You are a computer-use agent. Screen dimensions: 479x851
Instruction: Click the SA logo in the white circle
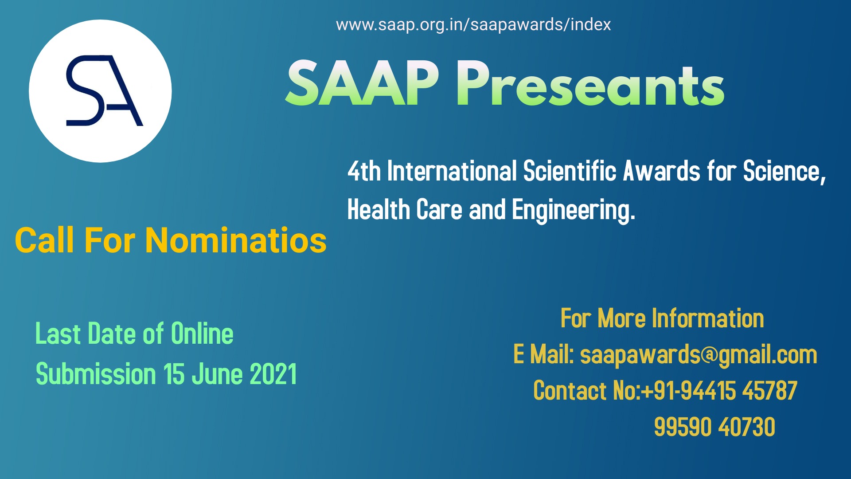coord(101,91)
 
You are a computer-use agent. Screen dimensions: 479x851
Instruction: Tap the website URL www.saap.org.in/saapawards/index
coord(473,25)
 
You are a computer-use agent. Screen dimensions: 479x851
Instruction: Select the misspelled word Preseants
coord(590,84)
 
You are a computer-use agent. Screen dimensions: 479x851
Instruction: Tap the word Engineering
coord(574,210)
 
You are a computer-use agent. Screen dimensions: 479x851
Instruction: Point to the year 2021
coord(273,374)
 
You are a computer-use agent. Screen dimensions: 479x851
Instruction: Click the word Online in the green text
coord(202,334)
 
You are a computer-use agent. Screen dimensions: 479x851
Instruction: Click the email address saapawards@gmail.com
coord(699,355)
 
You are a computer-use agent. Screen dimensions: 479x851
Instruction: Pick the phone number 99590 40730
coord(714,427)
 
